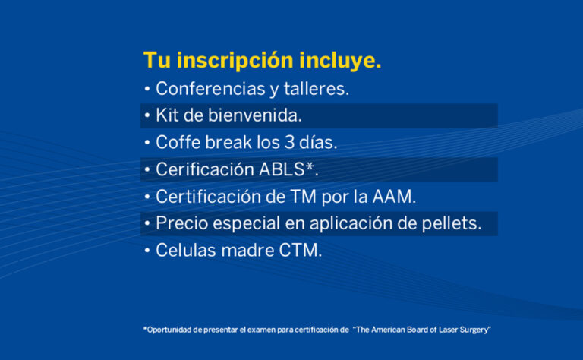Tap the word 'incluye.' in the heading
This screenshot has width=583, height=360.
(x=340, y=60)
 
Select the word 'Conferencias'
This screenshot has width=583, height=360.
(x=210, y=89)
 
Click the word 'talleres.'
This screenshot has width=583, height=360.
(x=317, y=89)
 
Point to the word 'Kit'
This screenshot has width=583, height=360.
(x=167, y=115)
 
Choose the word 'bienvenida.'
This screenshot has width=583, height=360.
(x=255, y=115)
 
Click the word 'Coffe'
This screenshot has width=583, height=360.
(x=178, y=142)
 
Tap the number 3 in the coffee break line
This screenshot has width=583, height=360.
(x=290, y=143)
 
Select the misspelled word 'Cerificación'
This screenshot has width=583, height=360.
(x=205, y=169)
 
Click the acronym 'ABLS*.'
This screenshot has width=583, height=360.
(x=288, y=169)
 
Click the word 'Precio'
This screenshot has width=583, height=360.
(x=181, y=223)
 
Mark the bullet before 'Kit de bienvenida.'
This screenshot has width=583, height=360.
(x=147, y=115)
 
